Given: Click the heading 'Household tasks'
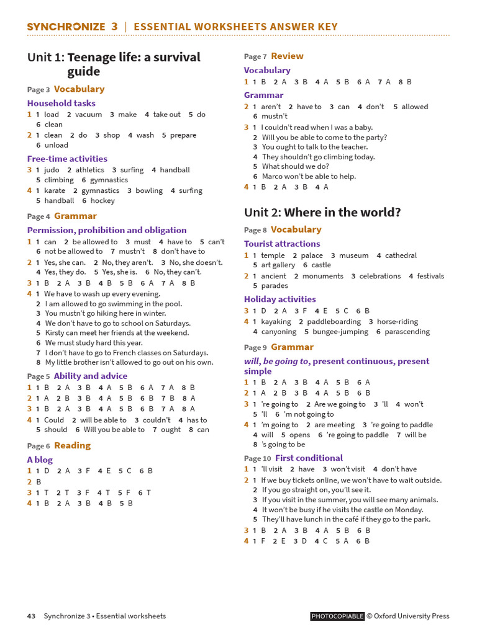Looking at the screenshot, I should [x=61, y=103].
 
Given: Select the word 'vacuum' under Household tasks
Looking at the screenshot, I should [x=88, y=115].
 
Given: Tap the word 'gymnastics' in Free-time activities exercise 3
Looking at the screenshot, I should [x=109, y=180].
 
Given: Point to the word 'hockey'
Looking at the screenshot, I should [x=102, y=201].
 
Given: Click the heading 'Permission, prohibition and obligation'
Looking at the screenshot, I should [x=107, y=230].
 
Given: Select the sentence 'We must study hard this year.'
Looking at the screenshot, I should [x=94, y=343].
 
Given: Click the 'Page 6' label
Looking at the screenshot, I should [x=39, y=446].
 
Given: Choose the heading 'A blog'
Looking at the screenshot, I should [x=40, y=460].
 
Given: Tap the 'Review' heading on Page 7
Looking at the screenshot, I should [x=287, y=56].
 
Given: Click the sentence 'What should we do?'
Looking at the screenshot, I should [x=296, y=167].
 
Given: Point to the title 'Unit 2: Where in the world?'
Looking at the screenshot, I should [x=322, y=213].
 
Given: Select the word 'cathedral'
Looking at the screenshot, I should [x=401, y=255].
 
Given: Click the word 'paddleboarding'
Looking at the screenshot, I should [x=334, y=322].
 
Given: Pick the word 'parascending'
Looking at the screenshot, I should [x=407, y=332].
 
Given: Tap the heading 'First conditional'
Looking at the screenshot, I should [x=309, y=458].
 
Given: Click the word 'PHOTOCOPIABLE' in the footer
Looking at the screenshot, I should [x=337, y=616].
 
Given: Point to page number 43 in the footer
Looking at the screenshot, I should [x=31, y=616].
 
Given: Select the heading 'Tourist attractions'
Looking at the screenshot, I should [x=282, y=244].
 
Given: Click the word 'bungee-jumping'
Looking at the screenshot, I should [x=340, y=332].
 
